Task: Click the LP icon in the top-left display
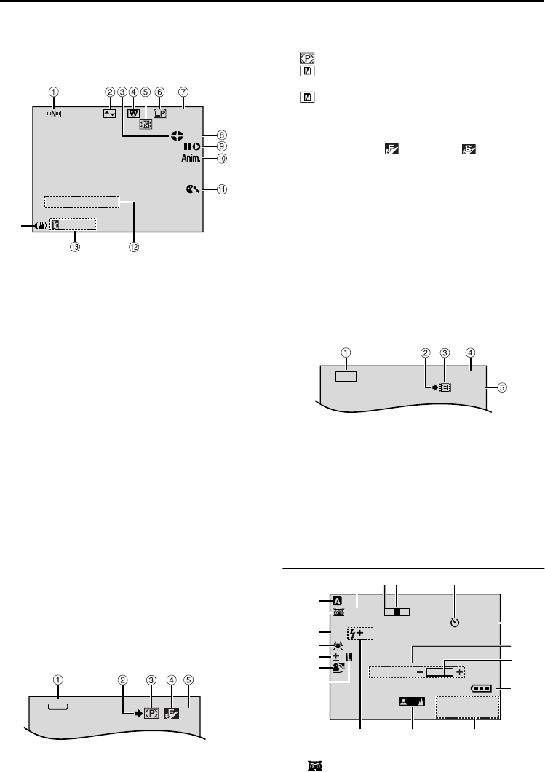[159, 113]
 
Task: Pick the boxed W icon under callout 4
[133, 113]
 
